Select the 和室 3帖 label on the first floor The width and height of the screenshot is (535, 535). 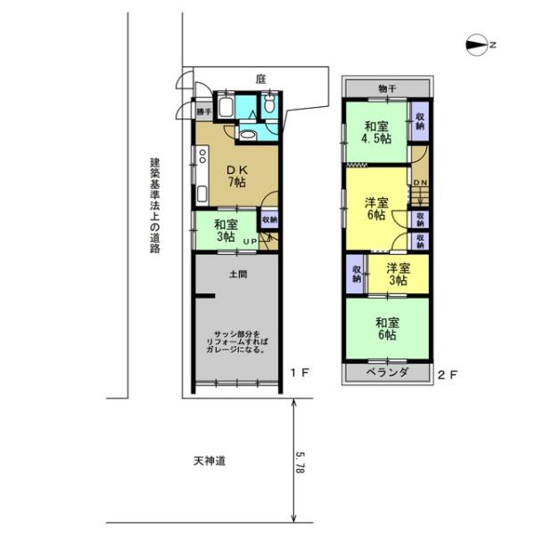[225, 231]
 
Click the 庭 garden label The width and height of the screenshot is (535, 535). [260, 79]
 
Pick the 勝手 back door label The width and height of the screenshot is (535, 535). [204, 111]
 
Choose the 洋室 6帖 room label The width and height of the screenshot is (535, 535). [375, 208]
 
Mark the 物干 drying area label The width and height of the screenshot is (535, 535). [387, 87]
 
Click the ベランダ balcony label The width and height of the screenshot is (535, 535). [386, 372]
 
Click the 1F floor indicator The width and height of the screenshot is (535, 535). [300, 373]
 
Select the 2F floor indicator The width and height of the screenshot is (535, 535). [448, 374]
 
